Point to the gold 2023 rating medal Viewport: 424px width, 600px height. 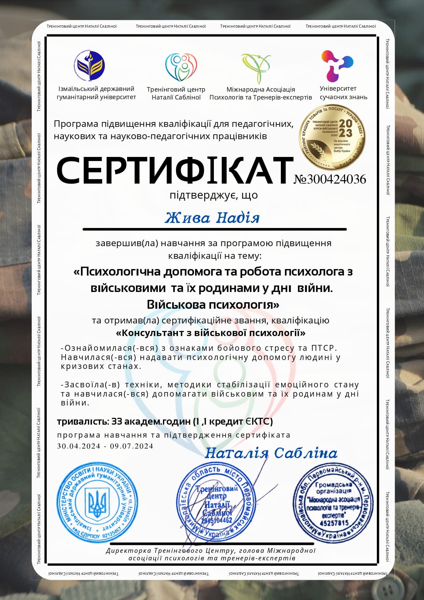click(332, 137)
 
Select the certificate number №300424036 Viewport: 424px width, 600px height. click(330, 179)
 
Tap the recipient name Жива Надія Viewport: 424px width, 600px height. click(212, 218)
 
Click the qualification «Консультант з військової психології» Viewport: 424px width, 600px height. click(211, 333)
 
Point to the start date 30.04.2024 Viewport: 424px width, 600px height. click(79, 446)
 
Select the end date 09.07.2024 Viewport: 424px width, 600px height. click(132, 446)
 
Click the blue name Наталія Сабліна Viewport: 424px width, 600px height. click(271, 453)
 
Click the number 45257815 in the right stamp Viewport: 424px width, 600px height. click(334, 523)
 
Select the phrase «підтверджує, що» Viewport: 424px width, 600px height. click(214, 195)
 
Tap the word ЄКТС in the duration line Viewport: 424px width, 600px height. click(259, 422)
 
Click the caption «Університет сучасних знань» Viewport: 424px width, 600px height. click(343, 93)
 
